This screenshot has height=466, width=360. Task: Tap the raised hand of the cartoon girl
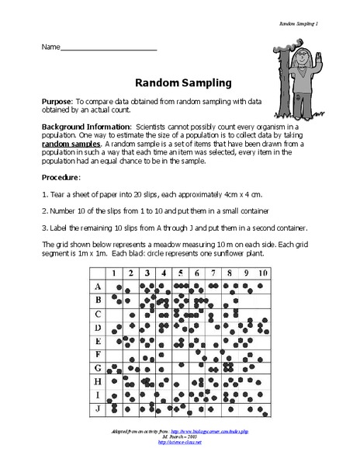(322, 38)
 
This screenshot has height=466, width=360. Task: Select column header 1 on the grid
(114, 274)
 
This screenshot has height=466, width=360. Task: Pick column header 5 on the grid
(179, 274)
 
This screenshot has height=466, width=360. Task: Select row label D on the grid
(97, 327)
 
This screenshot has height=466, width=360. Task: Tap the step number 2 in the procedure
(44, 210)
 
